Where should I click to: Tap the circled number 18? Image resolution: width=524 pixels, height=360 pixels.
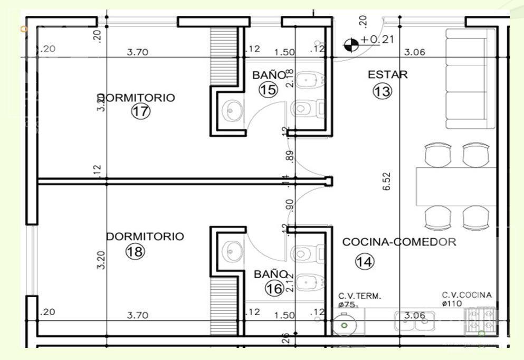(135, 252)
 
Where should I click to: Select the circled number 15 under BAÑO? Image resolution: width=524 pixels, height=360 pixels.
(268, 90)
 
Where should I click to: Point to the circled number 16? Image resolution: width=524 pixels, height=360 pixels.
(274, 288)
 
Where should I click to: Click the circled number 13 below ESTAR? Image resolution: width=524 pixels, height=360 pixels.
(383, 91)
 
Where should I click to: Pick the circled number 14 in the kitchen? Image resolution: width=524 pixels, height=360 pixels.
(364, 261)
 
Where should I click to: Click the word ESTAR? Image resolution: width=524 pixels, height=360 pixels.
(387, 74)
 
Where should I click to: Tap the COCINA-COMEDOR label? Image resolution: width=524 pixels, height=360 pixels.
(399, 242)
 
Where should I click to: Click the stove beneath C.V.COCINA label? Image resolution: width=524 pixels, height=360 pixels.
(481, 321)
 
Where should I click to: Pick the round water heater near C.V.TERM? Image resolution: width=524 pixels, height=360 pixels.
(345, 322)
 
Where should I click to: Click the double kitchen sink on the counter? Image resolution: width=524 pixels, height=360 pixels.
(414, 321)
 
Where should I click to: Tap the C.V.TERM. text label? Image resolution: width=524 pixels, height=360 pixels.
(359, 296)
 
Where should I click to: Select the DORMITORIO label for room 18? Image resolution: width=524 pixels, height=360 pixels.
(145, 236)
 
